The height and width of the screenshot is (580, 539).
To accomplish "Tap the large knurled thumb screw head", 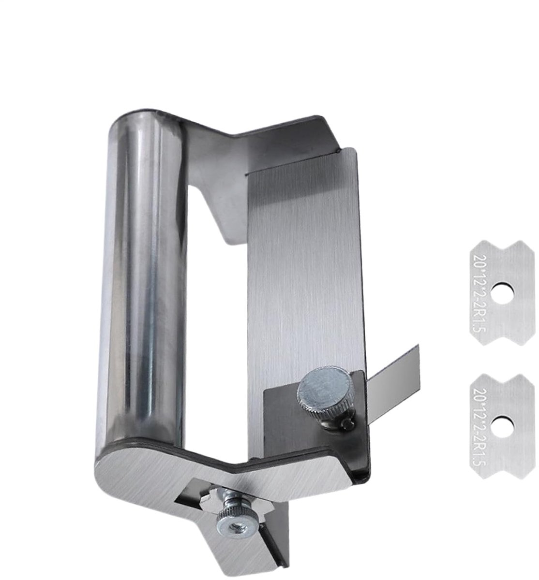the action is coord(324,388).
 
